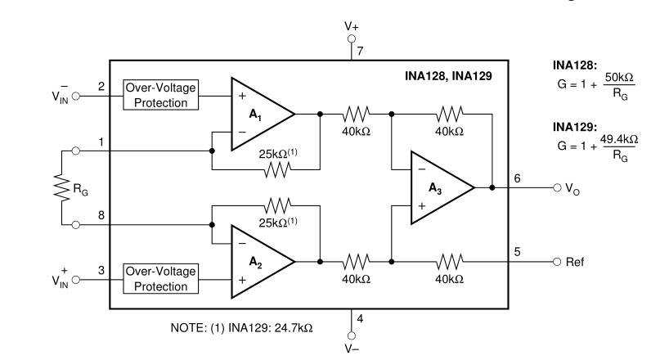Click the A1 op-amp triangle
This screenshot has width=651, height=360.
click(x=260, y=115)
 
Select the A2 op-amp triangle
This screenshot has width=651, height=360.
click(x=260, y=261)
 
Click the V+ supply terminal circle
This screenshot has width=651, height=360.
click(x=352, y=38)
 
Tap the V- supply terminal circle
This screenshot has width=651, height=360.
click(x=352, y=333)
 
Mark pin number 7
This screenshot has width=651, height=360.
click(x=361, y=51)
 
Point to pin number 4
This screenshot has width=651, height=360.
click(x=361, y=318)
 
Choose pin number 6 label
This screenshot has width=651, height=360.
click(x=517, y=178)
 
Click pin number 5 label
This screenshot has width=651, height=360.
click(x=517, y=251)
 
